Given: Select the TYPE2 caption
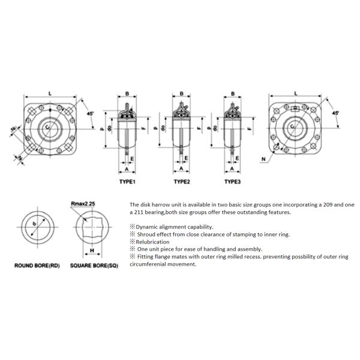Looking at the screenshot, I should coord(181,181).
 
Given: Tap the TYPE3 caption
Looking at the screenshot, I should coord(232,181).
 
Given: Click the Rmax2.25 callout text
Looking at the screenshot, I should coord(84,204).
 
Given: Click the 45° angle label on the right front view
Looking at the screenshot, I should coord(335,112).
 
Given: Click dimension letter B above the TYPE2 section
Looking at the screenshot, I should coord(181,94).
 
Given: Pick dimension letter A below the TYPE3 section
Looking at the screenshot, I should coord(232,170).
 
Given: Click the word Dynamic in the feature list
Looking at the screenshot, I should coord(147,227).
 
